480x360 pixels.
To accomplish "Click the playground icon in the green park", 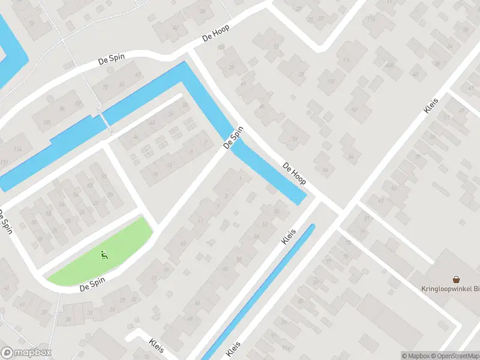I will click(x=104, y=254).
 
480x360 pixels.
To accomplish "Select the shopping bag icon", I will click(x=456, y=280).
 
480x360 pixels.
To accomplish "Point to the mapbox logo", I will click(x=26, y=353).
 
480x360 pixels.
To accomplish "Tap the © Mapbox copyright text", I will click(x=415, y=356).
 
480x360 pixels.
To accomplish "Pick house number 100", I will click(x=47, y=122).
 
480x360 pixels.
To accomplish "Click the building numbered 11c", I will click(x=346, y=60).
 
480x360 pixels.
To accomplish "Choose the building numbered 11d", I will click(x=331, y=81).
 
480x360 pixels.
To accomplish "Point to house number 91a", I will click(x=286, y=349).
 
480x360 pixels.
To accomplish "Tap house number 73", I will click(x=349, y=242).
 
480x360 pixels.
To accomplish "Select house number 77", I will click(x=328, y=262).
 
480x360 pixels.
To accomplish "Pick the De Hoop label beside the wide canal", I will click(x=295, y=173).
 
